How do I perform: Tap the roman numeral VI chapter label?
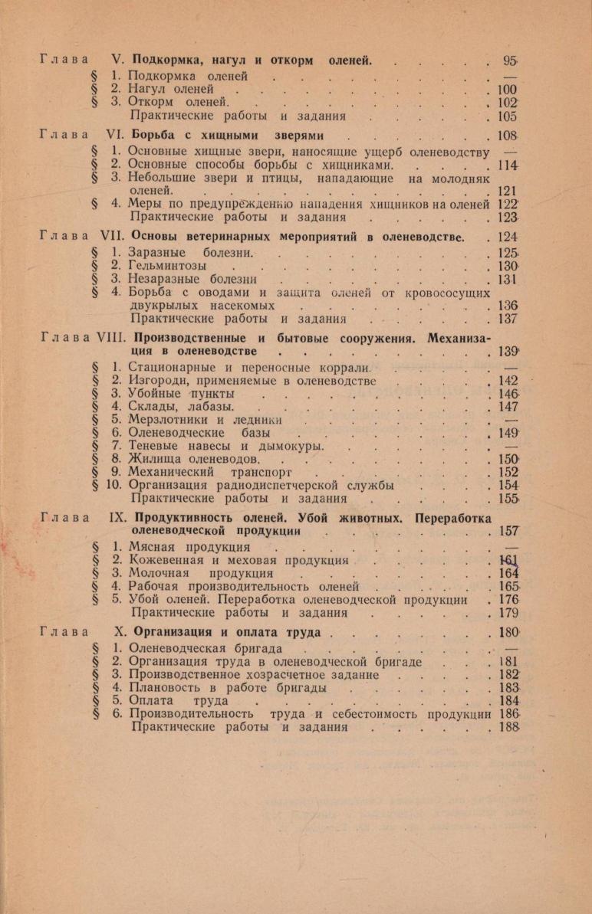pyautogui.click(x=117, y=135)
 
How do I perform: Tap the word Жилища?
pyautogui.click(x=153, y=458)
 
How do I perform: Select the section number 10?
pyautogui.click(x=116, y=485)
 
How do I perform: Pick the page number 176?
pyautogui.click(x=508, y=599)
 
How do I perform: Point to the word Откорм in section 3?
pyautogui.click(x=152, y=102)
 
